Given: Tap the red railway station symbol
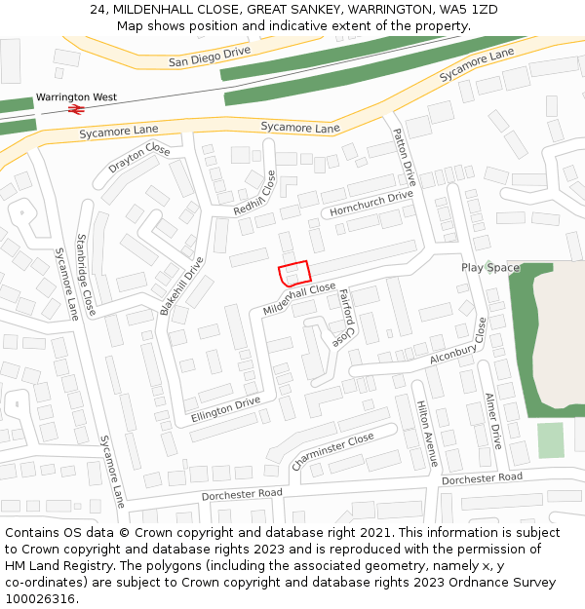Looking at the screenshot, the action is coord(75,110).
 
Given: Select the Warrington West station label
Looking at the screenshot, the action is coord(76,97).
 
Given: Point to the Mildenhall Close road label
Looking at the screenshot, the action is coord(299,298).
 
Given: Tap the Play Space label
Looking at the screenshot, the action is coord(490,267).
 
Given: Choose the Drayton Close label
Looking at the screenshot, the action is coord(138,158).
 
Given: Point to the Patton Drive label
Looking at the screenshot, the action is coord(404,157).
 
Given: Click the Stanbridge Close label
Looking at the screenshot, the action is coord(86,274).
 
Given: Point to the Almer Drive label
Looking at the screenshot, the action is coord(493,420).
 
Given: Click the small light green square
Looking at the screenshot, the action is coord(551,440).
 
